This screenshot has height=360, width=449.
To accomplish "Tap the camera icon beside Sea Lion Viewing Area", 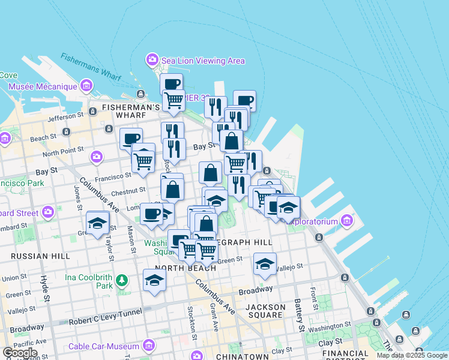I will [x=152, y=60].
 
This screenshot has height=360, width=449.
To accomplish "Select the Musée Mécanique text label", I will [x=43, y=86].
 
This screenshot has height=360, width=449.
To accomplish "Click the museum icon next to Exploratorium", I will [x=346, y=221].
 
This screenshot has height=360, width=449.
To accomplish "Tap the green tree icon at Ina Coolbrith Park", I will [x=122, y=280].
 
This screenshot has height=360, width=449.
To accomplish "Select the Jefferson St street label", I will [x=64, y=117].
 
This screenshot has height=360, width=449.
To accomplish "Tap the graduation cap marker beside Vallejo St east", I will [x=265, y=264].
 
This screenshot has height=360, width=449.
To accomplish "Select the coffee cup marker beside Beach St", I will [x=131, y=139].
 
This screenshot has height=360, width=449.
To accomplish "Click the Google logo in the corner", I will [x=20, y=353].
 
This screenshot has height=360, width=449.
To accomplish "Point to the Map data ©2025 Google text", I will [x=412, y=355].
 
